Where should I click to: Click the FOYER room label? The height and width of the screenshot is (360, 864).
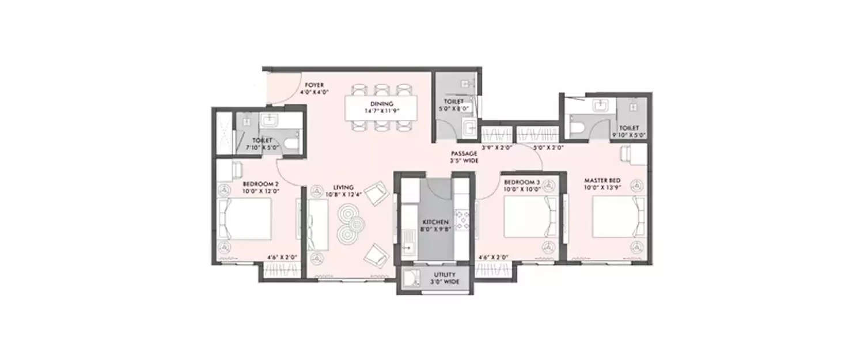314,85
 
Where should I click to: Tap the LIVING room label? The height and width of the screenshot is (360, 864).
343,187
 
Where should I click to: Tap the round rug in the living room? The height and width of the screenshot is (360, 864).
350,223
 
